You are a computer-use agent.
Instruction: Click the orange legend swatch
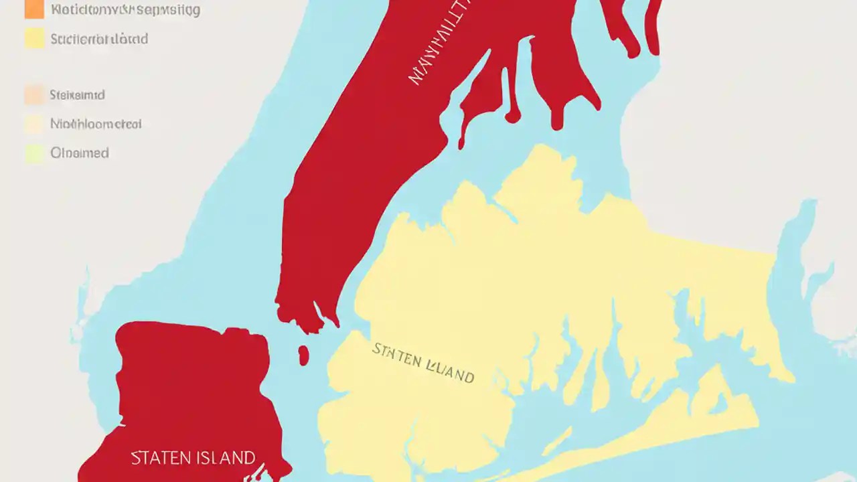34,9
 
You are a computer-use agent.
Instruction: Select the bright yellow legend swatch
34,38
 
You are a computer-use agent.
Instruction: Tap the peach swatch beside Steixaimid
34,94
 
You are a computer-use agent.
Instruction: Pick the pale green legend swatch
34,153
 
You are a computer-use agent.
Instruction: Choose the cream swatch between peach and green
34,124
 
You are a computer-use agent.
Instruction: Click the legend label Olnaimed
80,153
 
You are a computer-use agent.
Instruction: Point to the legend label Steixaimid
77,95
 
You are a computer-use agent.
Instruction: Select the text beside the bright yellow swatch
99,39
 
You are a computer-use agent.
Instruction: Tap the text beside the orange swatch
126,10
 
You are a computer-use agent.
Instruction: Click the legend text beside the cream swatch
96,124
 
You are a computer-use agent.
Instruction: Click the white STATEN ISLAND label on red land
193,458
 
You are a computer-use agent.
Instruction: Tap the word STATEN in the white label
158,458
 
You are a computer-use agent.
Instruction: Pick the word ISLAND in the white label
223,458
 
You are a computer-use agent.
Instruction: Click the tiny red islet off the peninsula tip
303,355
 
